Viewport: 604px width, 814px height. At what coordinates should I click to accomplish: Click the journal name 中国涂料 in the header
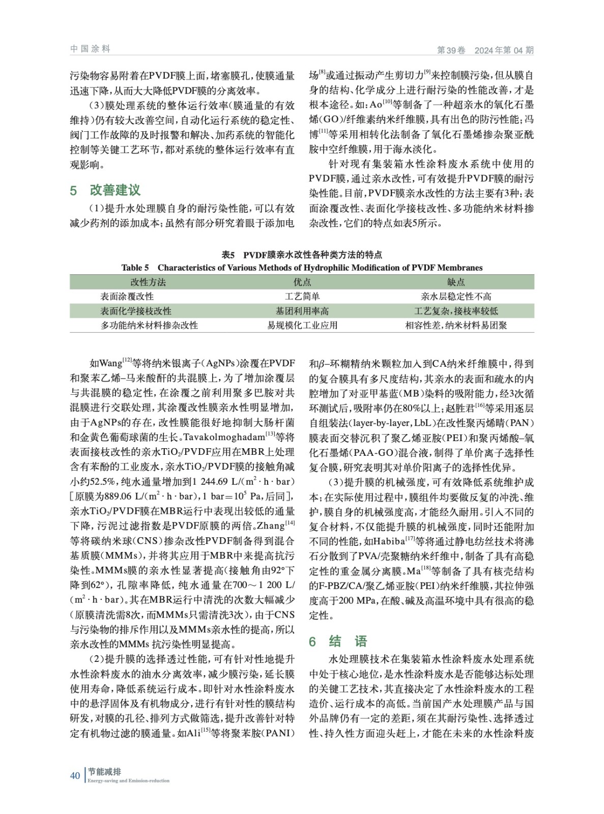click(x=90, y=49)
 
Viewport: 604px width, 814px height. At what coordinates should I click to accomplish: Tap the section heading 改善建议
click(x=115, y=190)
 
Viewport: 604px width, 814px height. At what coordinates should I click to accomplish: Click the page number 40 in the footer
click(x=75, y=775)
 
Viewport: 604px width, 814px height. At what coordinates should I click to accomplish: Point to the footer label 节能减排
click(x=104, y=772)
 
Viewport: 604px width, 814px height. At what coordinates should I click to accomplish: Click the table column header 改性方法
click(x=148, y=282)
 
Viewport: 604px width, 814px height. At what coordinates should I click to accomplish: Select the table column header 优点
click(x=302, y=282)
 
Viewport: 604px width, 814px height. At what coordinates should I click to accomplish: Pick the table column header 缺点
click(x=456, y=282)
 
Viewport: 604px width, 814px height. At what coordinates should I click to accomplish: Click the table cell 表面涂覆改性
click(x=127, y=296)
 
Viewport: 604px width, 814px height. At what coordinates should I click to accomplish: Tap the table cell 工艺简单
click(x=302, y=296)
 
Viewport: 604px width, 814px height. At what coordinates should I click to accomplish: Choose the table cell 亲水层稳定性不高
click(x=456, y=296)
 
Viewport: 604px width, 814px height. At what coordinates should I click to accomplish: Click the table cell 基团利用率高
click(x=302, y=311)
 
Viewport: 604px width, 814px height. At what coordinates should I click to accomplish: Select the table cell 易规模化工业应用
click(x=302, y=325)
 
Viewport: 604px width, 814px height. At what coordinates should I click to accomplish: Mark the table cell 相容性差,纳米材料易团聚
click(x=456, y=325)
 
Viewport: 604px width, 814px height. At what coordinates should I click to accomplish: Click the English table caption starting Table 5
click(x=302, y=268)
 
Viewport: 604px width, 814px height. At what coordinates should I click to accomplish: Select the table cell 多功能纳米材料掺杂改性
click(x=149, y=325)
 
